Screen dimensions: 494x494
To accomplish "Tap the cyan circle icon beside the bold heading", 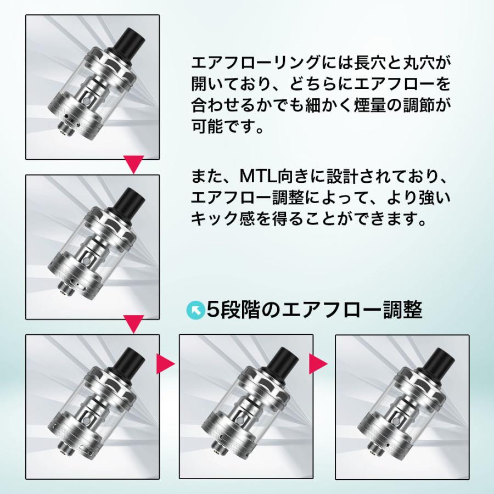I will [x=195, y=311].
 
